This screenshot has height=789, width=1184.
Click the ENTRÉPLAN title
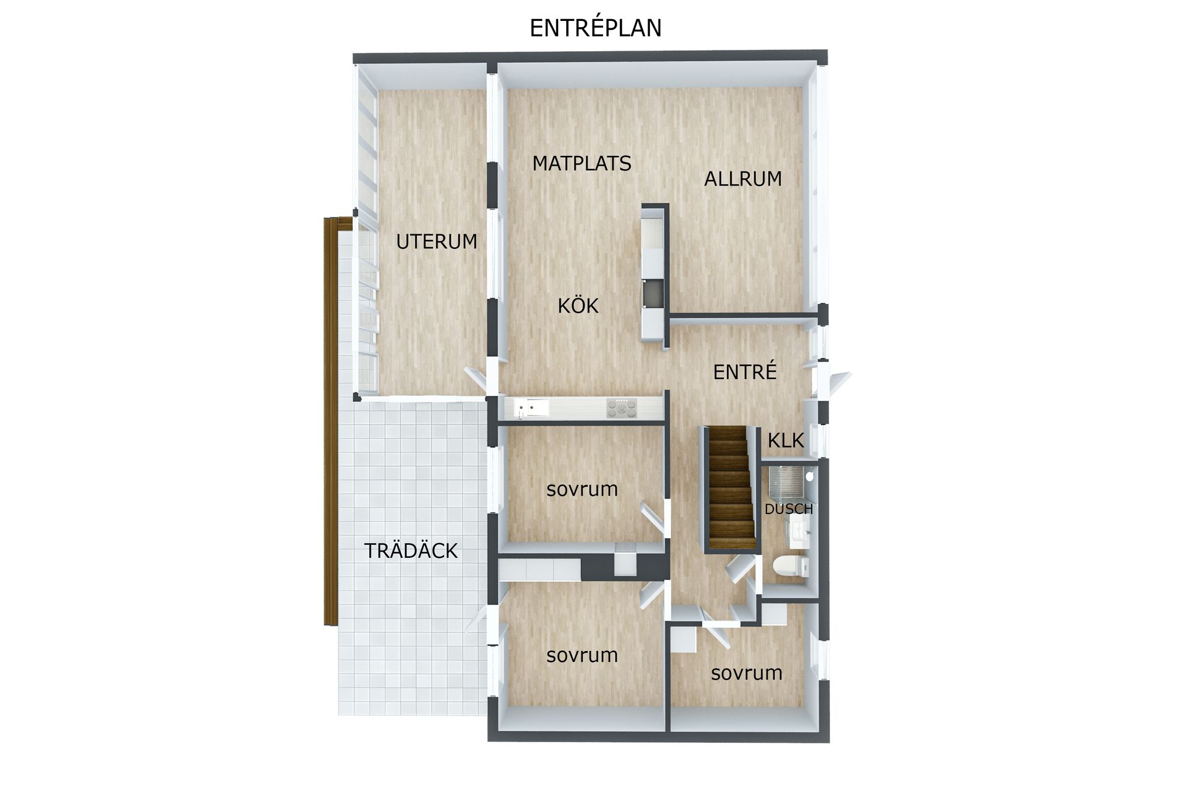point(595,28)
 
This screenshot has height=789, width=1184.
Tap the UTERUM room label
point(437,242)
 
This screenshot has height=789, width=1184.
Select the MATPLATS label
point(582,163)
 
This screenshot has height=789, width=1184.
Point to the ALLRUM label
point(743,179)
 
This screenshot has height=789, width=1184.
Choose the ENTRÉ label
point(744,371)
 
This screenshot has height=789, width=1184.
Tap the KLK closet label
point(786,440)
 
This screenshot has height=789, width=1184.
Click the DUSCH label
point(789,509)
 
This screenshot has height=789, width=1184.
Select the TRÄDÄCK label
point(411,550)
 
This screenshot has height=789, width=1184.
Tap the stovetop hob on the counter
point(622,407)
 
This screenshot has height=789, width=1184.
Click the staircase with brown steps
point(731,487)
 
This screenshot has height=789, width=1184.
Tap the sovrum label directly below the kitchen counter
point(582,489)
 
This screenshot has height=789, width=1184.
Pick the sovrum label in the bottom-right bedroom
point(746,673)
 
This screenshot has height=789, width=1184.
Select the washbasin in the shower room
point(799,532)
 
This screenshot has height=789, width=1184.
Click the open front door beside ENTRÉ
point(836,383)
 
